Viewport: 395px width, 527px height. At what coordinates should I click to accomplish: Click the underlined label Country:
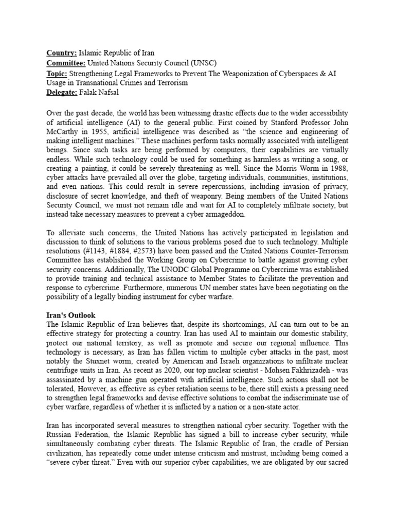point(62,53)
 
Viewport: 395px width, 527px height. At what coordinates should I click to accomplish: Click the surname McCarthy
point(64,131)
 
